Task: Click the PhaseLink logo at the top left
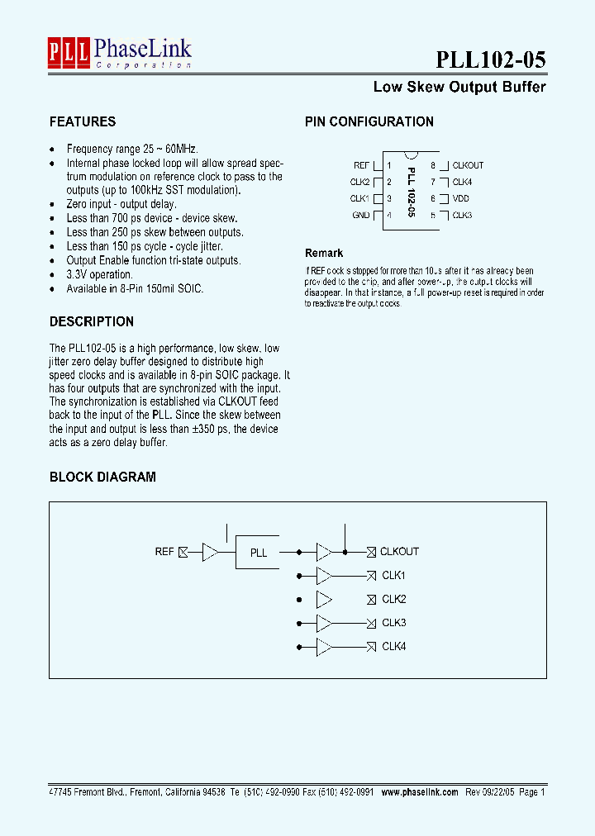119,52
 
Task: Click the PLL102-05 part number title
490,59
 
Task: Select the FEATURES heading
83,121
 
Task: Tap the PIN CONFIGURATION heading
369,121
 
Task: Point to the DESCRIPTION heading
92,321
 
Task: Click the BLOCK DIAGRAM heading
102,477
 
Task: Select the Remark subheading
324,253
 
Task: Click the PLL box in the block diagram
259,552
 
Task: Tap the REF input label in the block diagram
164,551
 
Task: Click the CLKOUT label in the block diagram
400,551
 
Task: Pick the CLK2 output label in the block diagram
394,599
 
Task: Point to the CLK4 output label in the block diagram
394,647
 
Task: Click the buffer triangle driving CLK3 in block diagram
324,623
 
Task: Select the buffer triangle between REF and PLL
211,552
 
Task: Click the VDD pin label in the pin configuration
461,198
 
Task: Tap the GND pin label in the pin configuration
361,215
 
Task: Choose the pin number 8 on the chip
433,165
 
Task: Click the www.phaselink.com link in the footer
420,791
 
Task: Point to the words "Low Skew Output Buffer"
459,87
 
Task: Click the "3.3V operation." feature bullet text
99,274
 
